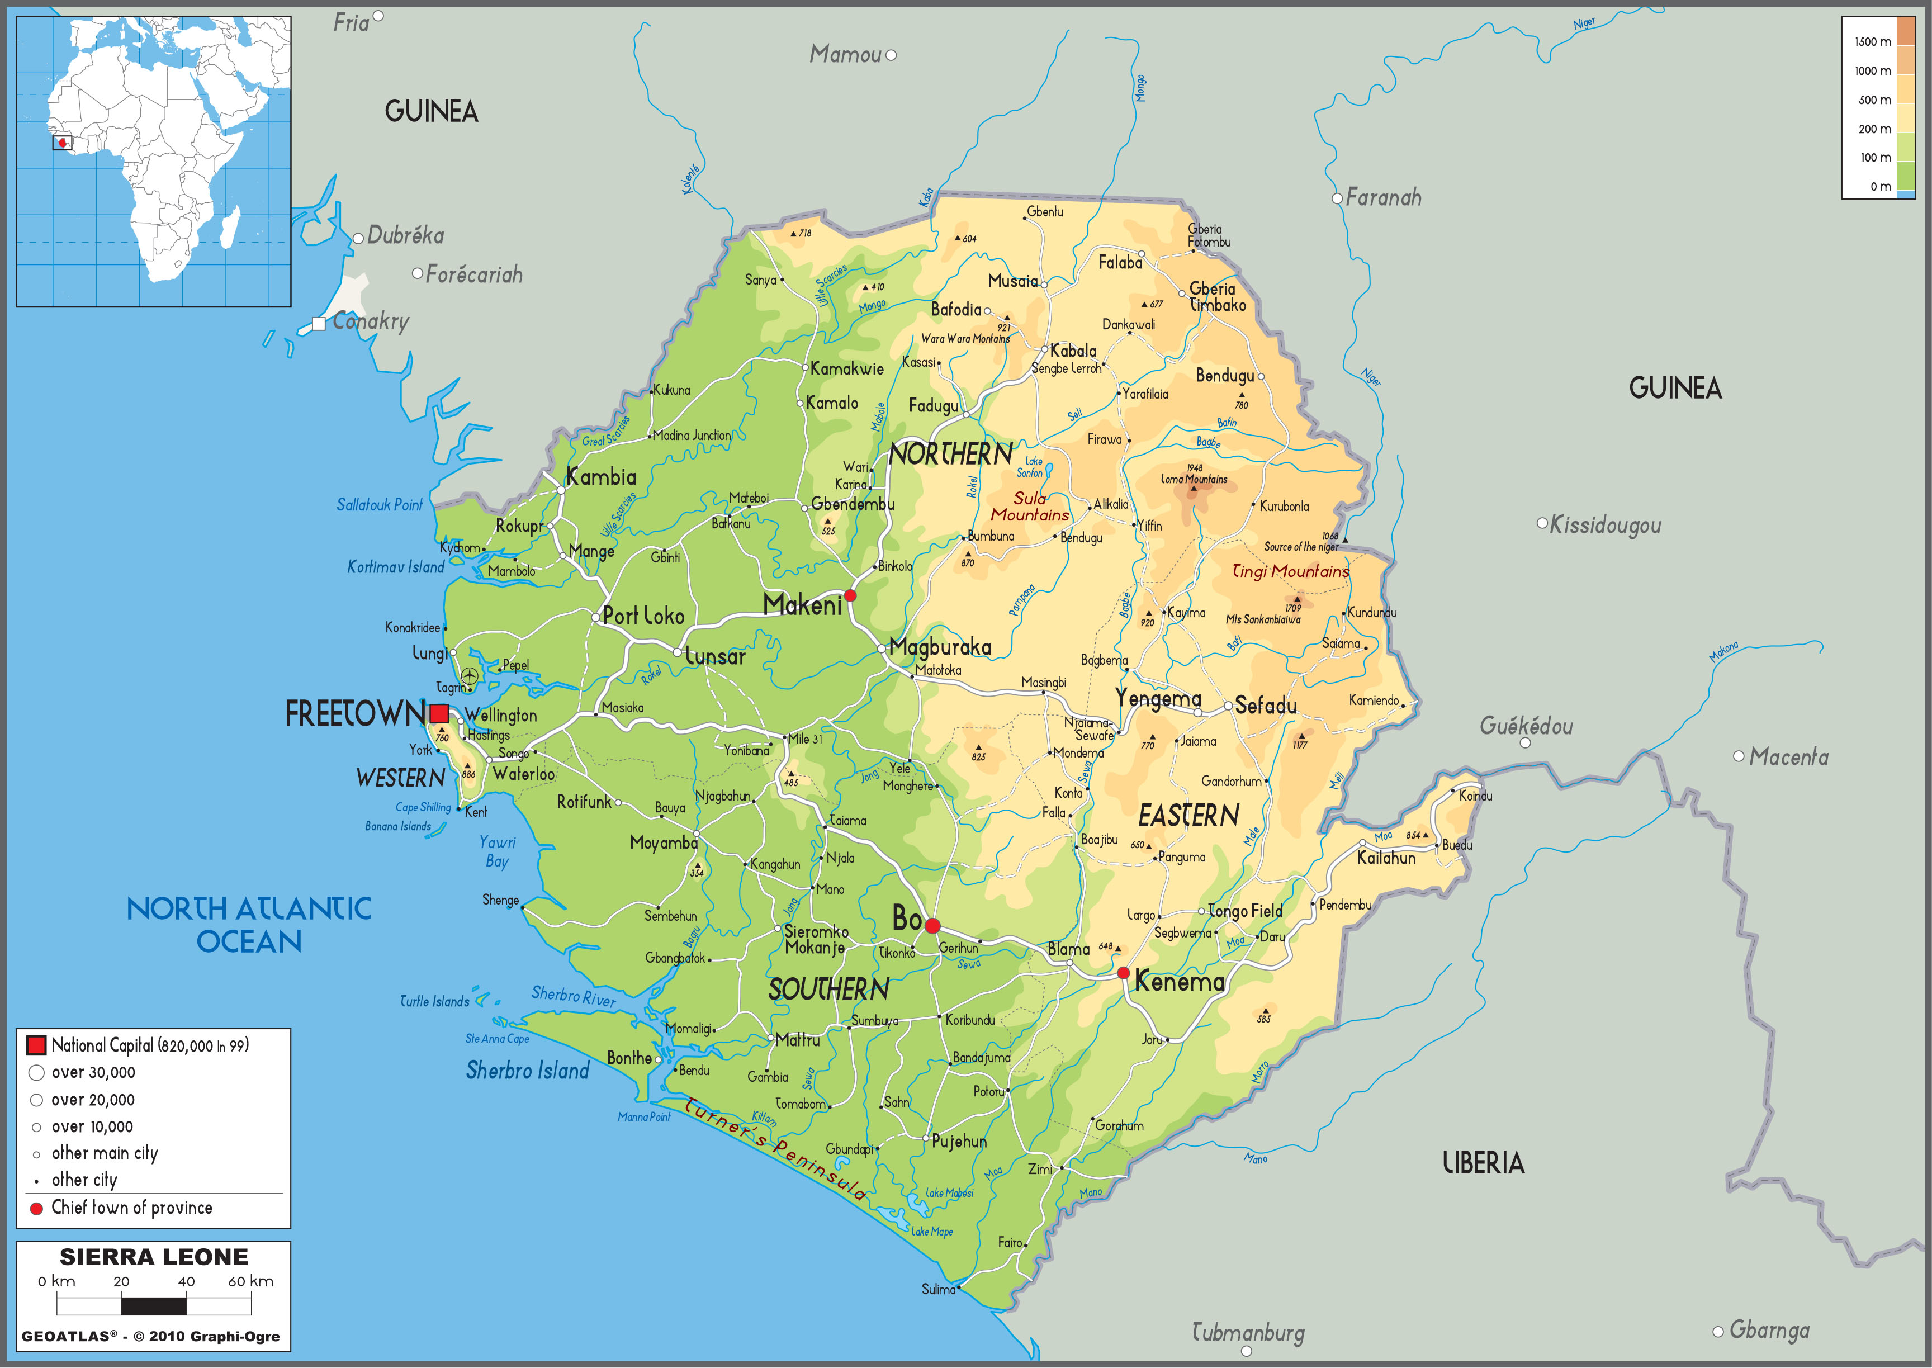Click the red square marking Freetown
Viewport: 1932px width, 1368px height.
439,713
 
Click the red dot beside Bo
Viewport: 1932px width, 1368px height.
932,926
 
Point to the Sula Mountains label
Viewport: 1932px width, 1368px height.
1029,507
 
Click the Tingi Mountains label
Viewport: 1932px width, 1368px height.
1290,572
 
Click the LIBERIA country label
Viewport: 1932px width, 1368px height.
1483,1163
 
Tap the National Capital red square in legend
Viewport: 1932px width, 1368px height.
36,1045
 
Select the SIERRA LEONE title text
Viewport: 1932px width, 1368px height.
154,1257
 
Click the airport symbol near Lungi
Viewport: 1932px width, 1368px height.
469,675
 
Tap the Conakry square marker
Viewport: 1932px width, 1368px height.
318,324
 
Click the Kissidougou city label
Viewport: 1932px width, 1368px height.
1604,525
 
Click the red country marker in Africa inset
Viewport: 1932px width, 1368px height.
62,143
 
